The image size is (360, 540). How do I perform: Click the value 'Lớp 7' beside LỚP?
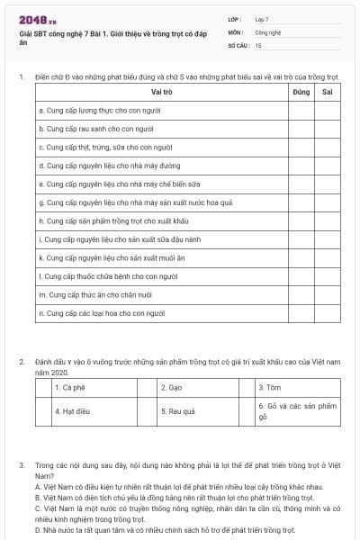pyautogui.click(x=262, y=18)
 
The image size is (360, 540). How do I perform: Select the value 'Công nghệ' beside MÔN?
pyautogui.click(x=267, y=31)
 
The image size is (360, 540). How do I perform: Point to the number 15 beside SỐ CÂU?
pyautogui.click(x=258, y=44)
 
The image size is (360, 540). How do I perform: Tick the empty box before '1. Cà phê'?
pyautogui.click(x=43, y=388)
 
